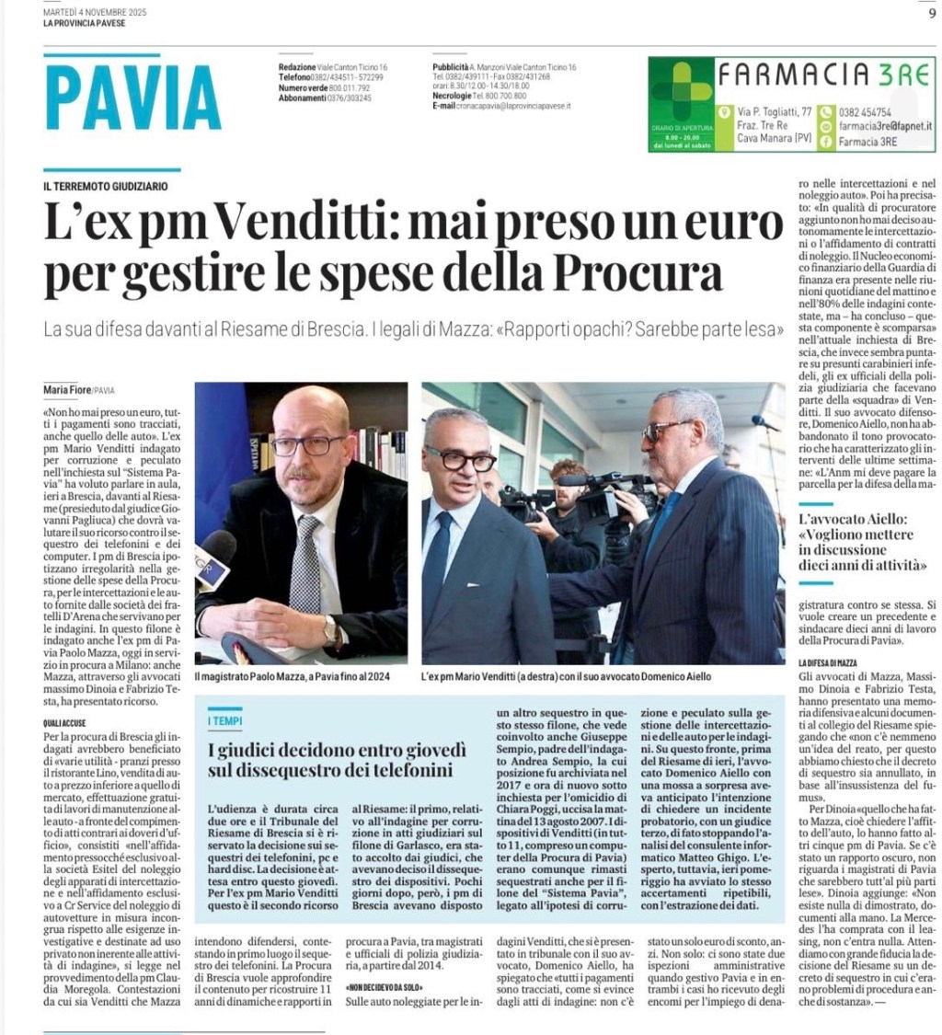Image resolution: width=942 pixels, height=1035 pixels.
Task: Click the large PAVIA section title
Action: click(132, 98)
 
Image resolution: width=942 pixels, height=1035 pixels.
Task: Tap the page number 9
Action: click(931, 12)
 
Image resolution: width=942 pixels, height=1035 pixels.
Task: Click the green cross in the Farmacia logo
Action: click(682, 90)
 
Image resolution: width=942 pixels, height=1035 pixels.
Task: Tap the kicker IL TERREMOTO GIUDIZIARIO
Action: click(105, 186)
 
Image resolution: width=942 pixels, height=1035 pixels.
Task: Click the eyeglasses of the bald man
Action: click(308, 446)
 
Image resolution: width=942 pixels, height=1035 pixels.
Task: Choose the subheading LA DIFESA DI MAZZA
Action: click(828, 662)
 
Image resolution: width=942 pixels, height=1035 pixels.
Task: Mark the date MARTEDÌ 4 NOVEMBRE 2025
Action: click(95, 12)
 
